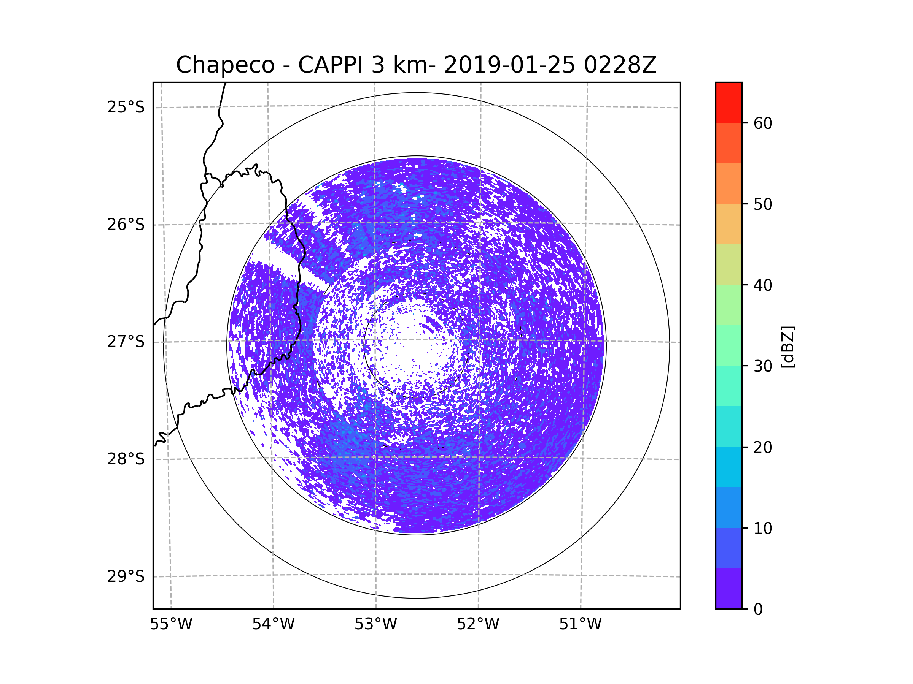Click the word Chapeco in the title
(x=225, y=65)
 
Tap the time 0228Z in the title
(x=620, y=65)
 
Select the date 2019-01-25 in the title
(x=509, y=65)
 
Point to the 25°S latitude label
(x=126, y=107)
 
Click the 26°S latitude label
(x=126, y=225)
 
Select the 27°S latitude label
(x=126, y=342)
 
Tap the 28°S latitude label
(x=126, y=459)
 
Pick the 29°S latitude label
(x=126, y=576)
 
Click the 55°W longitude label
(x=171, y=624)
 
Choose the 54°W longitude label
(x=273, y=624)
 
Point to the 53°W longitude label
(x=375, y=624)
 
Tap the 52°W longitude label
(x=478, y=624)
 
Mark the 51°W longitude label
(x=580, y=624)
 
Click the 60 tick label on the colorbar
(x=763, y=123)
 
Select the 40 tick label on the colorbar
(x=763, y=285)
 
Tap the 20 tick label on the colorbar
(x=763, y=447)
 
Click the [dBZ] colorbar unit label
(x=787, y=347)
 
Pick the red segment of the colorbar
(x=728, y=102)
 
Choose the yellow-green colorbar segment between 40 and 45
(x=728, y=264)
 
